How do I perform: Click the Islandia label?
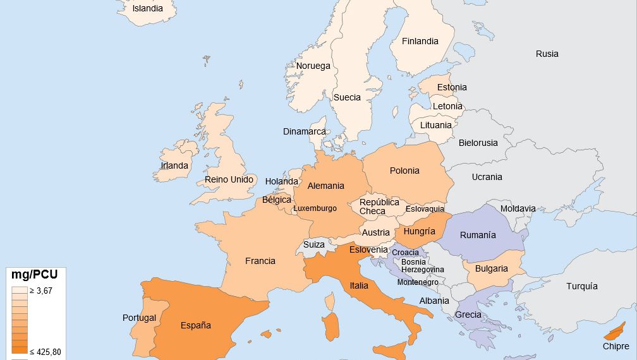tap(147, 9)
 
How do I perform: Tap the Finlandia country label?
tap(420, 41)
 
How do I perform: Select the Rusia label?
tap(547, 54)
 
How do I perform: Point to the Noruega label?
tap(313, 66)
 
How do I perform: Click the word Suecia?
tap(347, 97)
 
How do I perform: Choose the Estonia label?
tap(452, 87)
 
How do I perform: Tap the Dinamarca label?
tap(305, 131)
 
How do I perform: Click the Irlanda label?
tap(174, 165)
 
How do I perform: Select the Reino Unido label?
tap(229, 179)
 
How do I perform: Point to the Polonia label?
tap(404, 171)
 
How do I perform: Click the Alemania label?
tap(325, 186)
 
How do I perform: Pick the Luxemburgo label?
tap(315, 208)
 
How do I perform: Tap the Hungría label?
tap(419, 231)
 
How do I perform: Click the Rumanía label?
tap(478, 235)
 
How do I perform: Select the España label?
tap(195, 325)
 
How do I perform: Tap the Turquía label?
tap(581, 286)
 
